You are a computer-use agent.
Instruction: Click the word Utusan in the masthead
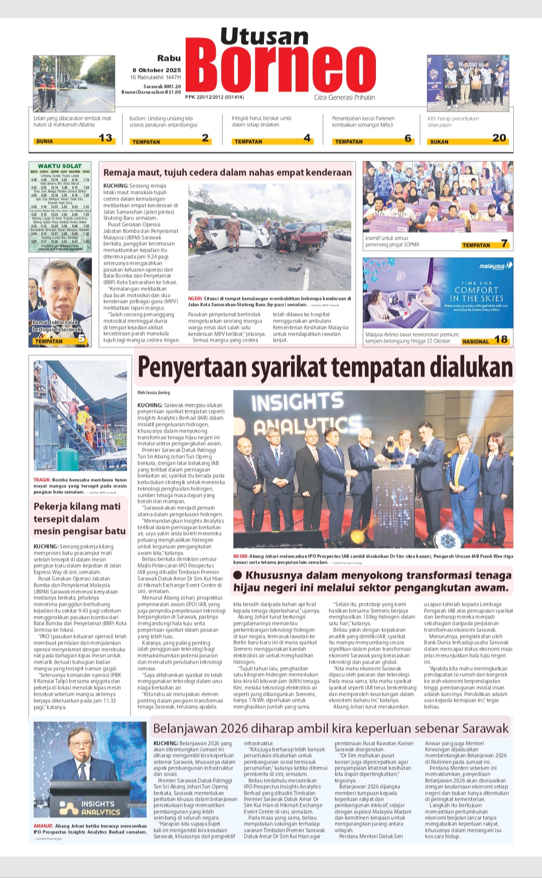(264, 36)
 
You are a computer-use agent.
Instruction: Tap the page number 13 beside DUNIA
(105, 138)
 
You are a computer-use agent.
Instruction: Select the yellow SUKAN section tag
(439, 142)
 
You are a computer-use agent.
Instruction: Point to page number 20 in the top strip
(499, 138)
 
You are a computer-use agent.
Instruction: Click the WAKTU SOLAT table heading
(60, 166)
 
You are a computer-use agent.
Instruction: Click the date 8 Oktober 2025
(157, 70)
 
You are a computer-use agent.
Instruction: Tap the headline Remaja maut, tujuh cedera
(227, 172)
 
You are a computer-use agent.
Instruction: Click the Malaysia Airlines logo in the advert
(494, 266)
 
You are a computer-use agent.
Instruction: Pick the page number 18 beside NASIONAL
(501, 340)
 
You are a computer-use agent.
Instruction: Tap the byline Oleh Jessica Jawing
(154, 392)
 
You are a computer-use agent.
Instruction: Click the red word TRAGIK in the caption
(42, 480)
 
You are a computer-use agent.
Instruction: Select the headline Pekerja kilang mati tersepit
(79, 518)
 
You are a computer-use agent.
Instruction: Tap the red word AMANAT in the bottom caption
(43, 826)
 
